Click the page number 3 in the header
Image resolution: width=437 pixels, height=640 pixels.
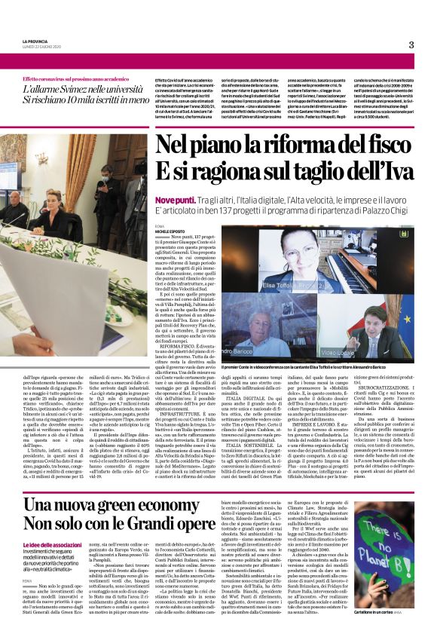[411, 44]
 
